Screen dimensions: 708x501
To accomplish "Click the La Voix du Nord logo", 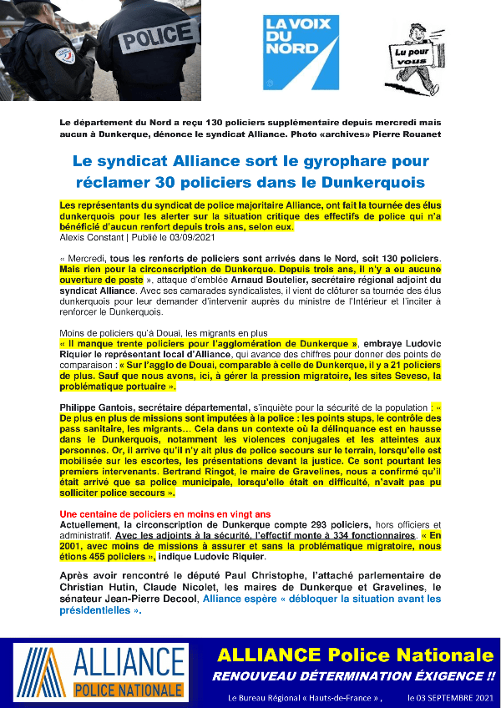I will (x=301, y=51).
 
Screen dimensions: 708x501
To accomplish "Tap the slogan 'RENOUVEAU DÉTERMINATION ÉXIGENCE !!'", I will (x=353, y=675).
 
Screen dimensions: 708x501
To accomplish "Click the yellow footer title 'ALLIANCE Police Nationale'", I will (x=355, y=655).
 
